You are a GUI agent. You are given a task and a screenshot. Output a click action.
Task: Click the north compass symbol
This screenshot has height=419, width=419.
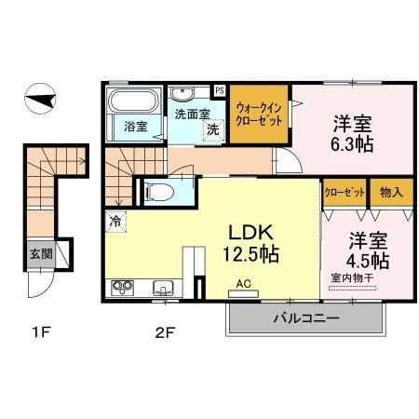point(40,99)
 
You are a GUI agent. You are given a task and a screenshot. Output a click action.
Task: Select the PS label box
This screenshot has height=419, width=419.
point(220,91)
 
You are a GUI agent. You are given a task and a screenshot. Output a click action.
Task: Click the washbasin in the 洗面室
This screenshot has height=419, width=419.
point(182,94)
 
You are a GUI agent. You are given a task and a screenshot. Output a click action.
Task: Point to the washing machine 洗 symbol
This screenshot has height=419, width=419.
point(213,130)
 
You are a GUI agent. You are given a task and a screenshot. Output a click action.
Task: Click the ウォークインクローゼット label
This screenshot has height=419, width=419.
point(259,115)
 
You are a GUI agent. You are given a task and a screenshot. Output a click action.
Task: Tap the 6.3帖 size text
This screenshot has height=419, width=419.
point(352,143)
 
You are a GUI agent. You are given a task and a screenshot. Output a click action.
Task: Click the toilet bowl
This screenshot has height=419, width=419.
point(160,193)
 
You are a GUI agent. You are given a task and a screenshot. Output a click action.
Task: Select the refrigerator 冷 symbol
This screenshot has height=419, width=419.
point(115,222)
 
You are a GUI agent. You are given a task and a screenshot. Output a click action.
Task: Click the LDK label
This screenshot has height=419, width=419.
point(250,233)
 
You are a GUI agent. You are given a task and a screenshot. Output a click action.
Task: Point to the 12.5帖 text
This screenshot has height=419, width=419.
point(250,254)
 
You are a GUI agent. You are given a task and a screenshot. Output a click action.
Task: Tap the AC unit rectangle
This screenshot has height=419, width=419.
point(243,293)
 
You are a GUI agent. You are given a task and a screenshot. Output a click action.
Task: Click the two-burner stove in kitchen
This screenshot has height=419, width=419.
point(122,288)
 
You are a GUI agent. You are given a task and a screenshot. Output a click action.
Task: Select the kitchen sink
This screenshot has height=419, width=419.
point(163,288)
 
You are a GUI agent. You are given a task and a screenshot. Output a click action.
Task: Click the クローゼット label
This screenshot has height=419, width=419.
point(345,193)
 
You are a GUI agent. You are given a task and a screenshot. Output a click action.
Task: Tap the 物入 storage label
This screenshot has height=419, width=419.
point(391,193)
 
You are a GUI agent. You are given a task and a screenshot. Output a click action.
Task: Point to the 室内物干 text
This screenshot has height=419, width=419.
point(352,277)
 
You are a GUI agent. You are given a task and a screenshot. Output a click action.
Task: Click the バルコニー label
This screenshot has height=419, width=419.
point(306,318)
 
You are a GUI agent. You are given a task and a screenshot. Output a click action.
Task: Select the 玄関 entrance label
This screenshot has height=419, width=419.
point(41,254)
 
